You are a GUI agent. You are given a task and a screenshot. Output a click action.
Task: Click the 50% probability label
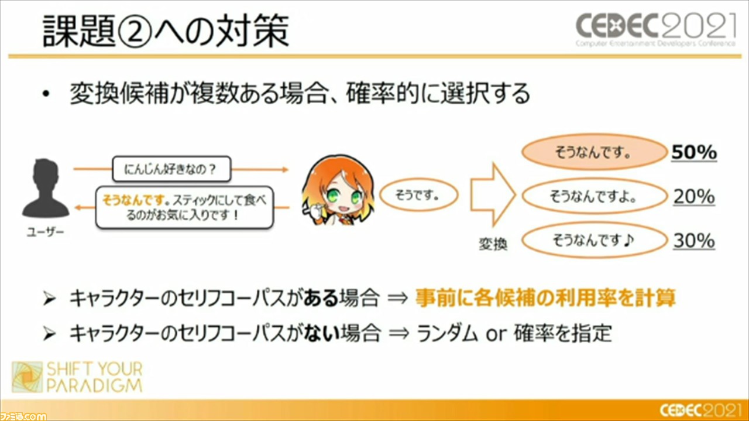[x=694, y=152]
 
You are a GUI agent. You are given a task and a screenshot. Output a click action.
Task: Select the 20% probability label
[x=694, y=196]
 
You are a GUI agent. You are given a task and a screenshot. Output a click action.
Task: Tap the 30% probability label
[x=694, y=241]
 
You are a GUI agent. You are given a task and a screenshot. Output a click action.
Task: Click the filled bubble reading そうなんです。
[x=594, y=152]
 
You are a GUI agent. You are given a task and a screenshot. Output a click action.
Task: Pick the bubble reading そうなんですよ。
[x=594, y=196]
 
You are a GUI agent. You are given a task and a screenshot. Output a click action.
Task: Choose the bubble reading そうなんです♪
[x=594, y=240]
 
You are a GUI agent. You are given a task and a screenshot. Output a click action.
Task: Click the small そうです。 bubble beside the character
[x=418, y=195]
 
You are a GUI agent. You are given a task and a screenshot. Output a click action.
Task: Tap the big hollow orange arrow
[x=493, y=194]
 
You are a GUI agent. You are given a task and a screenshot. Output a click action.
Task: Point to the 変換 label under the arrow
[x=493, y=244]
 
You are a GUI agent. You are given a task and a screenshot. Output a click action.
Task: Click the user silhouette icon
[x=46, y=189]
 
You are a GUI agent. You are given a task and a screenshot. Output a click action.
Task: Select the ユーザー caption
[x=46, y=232]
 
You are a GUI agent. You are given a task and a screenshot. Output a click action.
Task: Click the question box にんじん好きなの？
[x=171, y=169]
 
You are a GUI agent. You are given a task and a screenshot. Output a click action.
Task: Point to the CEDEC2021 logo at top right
[x=655, y=29]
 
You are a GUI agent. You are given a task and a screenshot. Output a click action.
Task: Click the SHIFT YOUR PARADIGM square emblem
[x=28, y=377]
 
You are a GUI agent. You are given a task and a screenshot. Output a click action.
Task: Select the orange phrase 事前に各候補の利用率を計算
[x=545, y=297]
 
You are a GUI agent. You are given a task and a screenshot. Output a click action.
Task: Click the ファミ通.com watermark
[x=23, y=416]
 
